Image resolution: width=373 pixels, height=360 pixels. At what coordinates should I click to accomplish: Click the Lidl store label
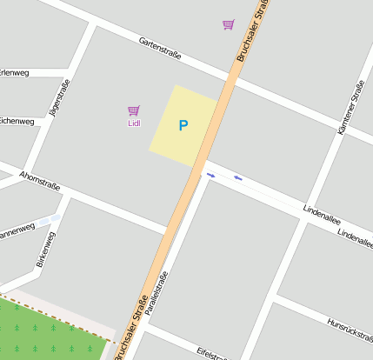[x=134, y=123]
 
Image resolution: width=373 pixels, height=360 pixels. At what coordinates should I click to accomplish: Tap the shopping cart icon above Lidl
[x=134, y=110]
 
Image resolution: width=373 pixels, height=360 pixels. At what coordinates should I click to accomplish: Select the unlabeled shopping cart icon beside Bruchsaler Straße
[x=228, y=24]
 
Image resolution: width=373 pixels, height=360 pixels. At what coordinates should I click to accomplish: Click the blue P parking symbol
[x=183, y=125]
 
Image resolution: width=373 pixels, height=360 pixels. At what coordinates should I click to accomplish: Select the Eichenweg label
[x=17, y=121]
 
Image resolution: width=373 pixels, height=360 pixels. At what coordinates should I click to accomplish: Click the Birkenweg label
[x=46, y=249]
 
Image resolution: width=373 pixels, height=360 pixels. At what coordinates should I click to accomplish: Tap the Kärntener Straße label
[x=351, y=106]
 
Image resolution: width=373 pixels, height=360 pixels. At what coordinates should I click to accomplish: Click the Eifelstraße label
[x=211, y=353]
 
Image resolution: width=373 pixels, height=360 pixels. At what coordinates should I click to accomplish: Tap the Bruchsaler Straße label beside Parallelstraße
[x=130, y=323]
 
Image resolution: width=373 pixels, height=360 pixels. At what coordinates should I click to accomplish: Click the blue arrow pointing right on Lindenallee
[x=210, y=175]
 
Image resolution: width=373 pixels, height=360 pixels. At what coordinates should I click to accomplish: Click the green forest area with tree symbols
[x=48, y=333]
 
